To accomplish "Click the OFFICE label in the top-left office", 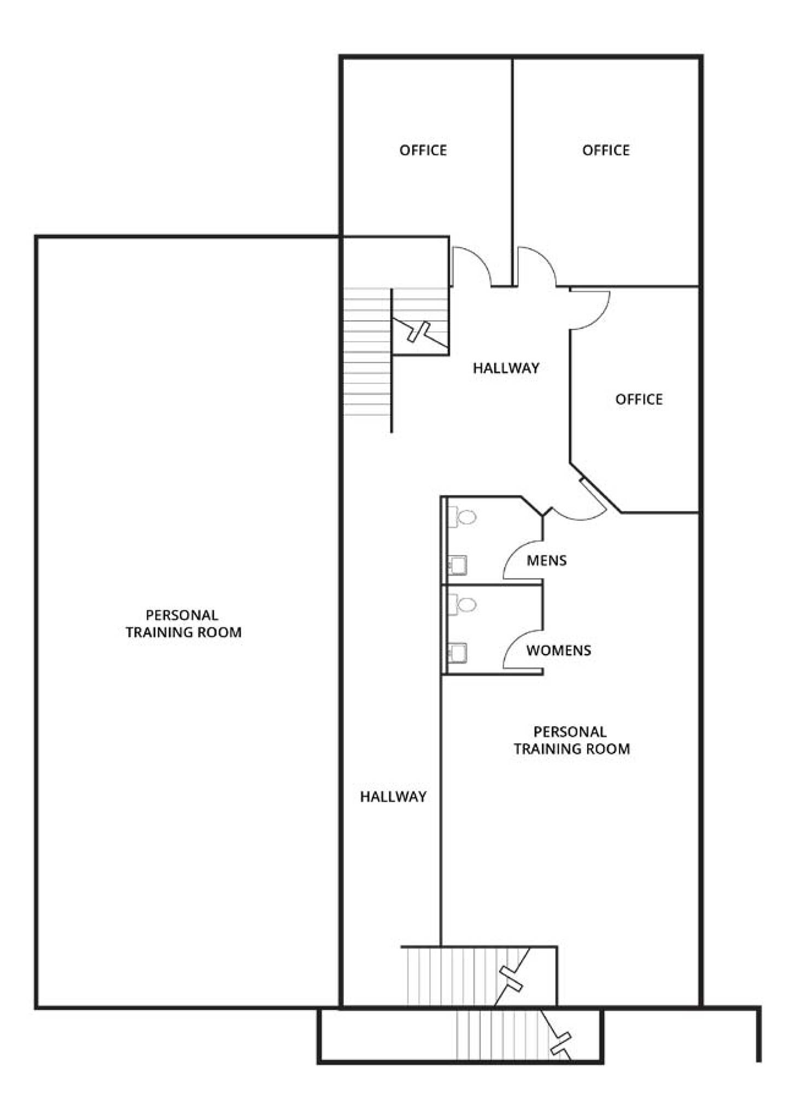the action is click(x=423, y=150).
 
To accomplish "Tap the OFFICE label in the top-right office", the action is click(x=606, y=150).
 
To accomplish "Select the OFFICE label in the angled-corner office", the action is click(x=639, y=399).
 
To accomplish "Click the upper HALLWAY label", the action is click(x=506, y=368).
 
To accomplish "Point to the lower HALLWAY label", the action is click(x=393, y=797).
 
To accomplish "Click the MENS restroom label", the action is click(x=547, y=561).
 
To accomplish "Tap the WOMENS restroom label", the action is click(x=559, y=650).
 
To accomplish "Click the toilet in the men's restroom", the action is click(x=462, y=516).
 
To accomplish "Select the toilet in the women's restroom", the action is click(x=462, y=604).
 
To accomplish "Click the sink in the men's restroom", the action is click(x=457, y=565).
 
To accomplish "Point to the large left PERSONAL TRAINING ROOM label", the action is click(x=183, y=624).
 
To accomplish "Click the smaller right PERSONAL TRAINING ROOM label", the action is click(x=571, y=741).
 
